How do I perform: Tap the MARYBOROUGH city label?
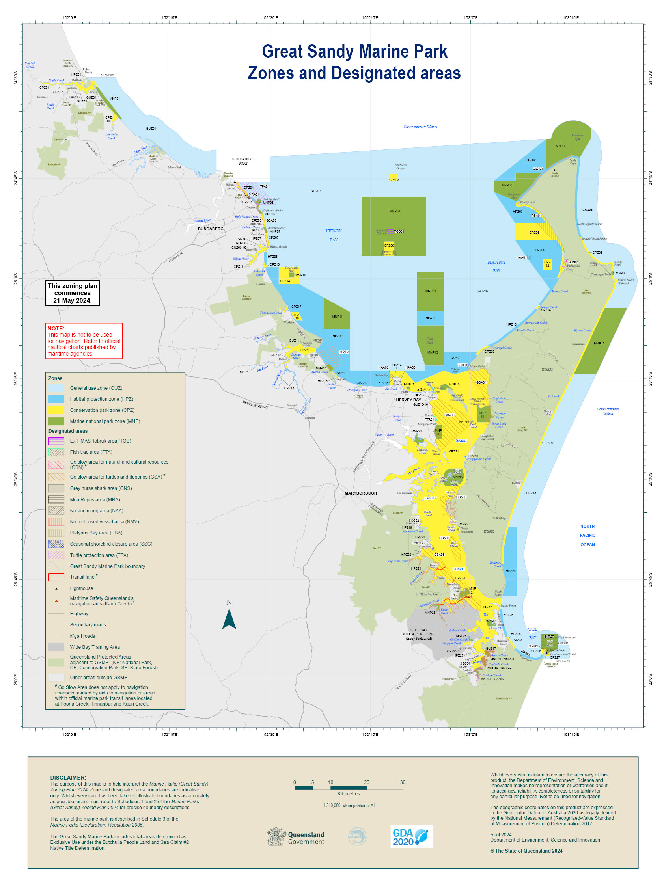pyautogui.click(x=360, y=493)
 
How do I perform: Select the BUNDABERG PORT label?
pyautogui.click(x=243, y=161)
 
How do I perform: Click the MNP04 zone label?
pyautogui.click(x=394, y=211)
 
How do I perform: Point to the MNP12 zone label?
pyautogui.click(x=599, y=343)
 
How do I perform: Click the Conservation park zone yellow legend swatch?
pyautogui.click(x=56, y=410)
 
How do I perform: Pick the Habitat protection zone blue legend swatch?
pyautogui.click(x=56, y=399)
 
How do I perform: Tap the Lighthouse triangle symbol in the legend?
pyautogui.click(x=56, y=588)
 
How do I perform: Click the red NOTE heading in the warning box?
pyautogui.click(x=56, y=328)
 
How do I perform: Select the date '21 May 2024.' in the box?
pyautogui.click(x=72, y=300)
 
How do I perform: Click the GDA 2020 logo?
pyautogui.click(x=411, y=836)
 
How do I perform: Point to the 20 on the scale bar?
pyautogui.click(x=366, y=782)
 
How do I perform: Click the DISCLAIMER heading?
pyautogui.click(x=68, y=778)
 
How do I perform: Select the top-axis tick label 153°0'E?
pyautogui.click(x=470, y=18)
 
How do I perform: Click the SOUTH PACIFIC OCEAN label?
pyautogui.click(x=587, y=535)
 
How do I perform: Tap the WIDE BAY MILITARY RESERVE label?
pyautogui.click(x=418, y=634)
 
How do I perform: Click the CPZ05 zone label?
pyautogui.click(x=534, y=233)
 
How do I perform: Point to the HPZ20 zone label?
pyautogui.click(x=510, y=571)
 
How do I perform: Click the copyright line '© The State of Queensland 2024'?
pyautogui.click(x=526, y=851)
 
